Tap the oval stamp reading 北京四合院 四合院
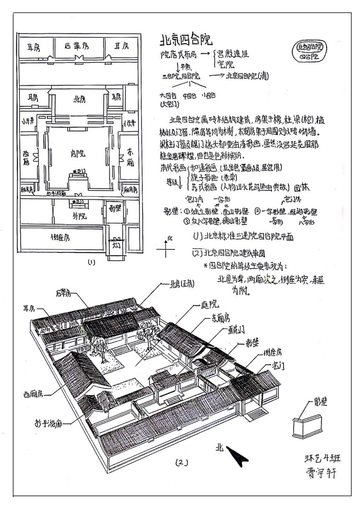(x=310, y=51)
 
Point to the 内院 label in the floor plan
(x=78, y=154)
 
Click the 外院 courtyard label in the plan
(x=79, y=215)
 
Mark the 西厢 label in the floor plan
(x=26, y=158)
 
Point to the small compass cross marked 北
(x=166, y=249)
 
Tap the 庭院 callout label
(x=210, y=305)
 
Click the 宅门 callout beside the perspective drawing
(x=278, y=366)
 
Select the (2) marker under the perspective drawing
(x=182, y=463)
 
